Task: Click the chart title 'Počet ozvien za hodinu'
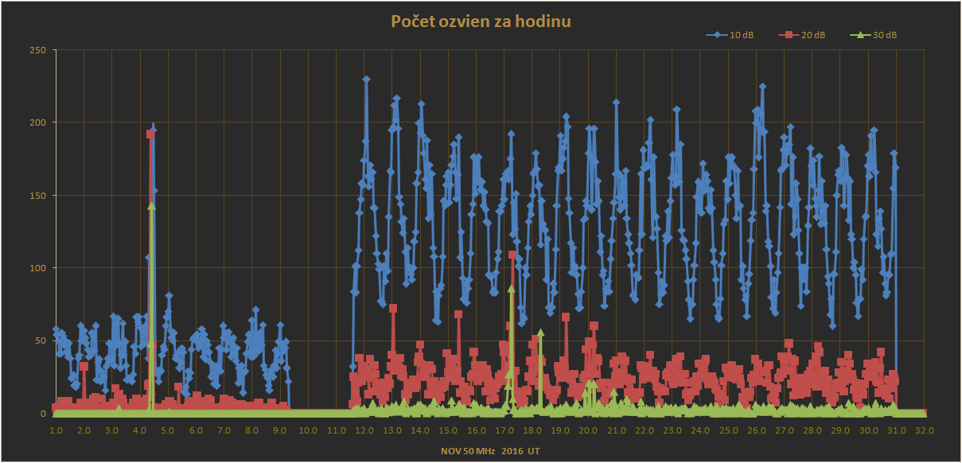(481, 21)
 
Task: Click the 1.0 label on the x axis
(56, 430)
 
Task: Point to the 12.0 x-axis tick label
(364, 430)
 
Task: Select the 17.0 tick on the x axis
(504, 430)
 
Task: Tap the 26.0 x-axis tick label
(757, 430)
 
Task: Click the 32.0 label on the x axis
(925, 430)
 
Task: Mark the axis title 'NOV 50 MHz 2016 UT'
(491, 452)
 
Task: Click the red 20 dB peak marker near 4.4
(150, 134)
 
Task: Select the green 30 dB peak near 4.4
(151, 206)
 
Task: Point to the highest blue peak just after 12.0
(366, 80)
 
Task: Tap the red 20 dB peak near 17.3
(512, 255)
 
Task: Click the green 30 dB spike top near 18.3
(540, 332)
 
